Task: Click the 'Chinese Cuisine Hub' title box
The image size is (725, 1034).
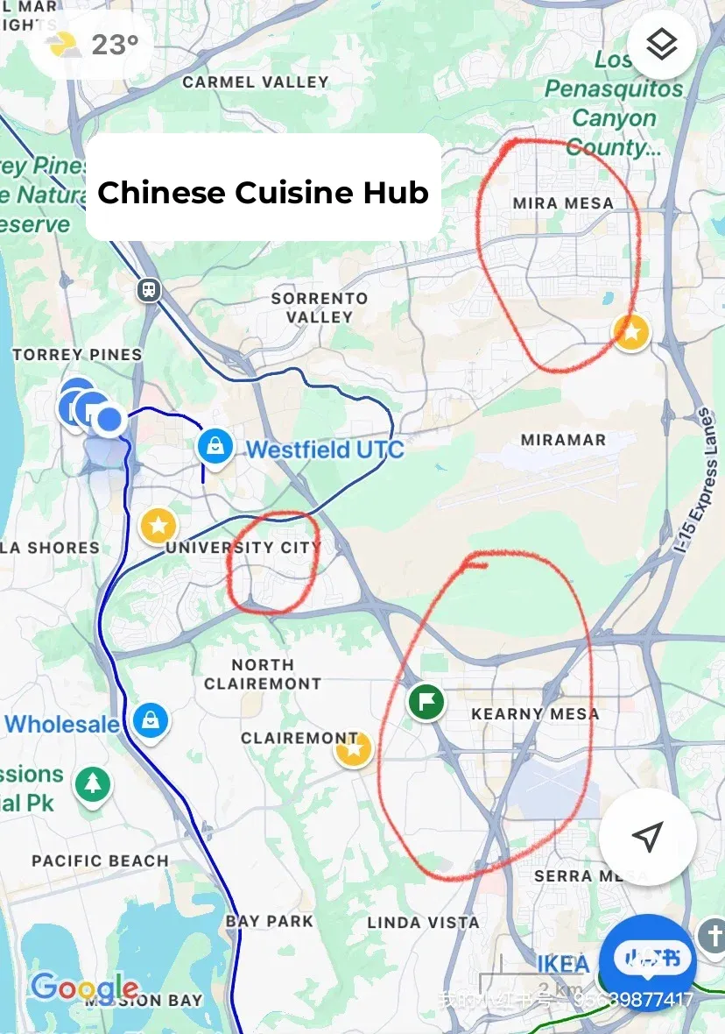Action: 263,192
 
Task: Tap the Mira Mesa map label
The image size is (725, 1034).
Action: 563,203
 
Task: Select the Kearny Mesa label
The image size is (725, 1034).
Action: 535,714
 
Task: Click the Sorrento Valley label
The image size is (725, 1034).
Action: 320,308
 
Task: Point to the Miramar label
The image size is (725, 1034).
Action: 563,440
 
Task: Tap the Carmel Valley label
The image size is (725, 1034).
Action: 256,82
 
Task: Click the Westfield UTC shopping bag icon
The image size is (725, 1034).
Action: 215,446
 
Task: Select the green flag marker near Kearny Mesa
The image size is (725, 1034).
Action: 426,702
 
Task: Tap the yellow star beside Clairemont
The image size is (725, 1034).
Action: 354,750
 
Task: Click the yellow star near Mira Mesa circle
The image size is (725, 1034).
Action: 631,332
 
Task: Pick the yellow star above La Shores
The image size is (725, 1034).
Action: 158,526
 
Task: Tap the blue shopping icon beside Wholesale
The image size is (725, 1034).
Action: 151,721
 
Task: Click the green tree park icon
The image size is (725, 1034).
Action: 91,783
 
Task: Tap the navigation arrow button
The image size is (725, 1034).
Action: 648,837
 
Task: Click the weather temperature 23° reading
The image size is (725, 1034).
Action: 115,45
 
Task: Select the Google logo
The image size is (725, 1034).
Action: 84,988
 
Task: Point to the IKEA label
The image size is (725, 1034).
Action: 563,965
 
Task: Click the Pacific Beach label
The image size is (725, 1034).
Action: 100,860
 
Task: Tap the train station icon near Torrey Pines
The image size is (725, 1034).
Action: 149,290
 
